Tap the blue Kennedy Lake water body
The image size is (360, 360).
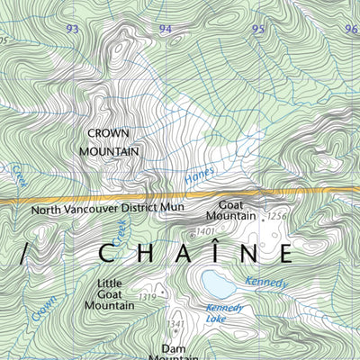tap(218, 284)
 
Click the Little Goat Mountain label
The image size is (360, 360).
tap(109, 294)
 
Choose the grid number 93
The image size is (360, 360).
tap(73, 30)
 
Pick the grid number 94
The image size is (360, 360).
tap(165, 30)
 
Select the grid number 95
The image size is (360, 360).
tap(258, 30)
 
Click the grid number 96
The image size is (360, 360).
tap(350, 30)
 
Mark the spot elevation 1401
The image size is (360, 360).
tap(205, 232)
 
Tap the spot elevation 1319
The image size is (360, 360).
tap(148, 297)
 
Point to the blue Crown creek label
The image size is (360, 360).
tap(42, 309)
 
